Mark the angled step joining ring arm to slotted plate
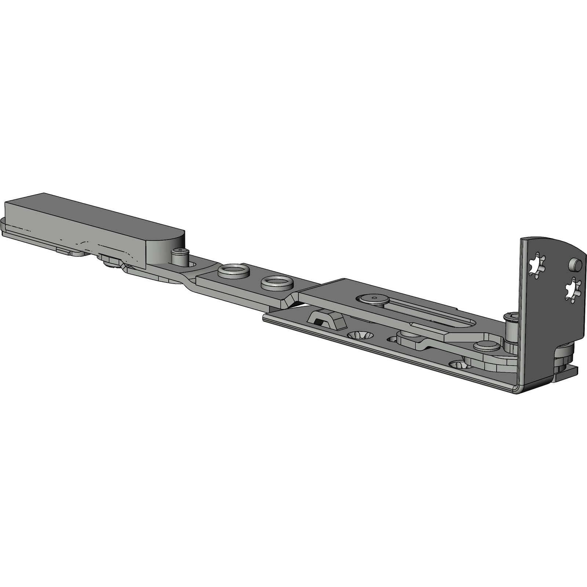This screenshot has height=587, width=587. tap(290, 301)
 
